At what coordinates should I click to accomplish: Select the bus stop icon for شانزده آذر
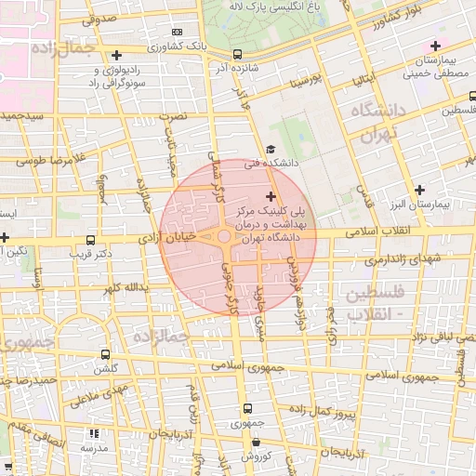pyautogui.click(x=238, y=54)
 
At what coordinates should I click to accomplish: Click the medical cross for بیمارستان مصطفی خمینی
pyautogui.click(x=435, y=46)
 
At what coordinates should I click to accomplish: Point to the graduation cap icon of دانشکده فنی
pyautogui.click(x=271, y=149)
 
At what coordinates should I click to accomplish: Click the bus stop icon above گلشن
pyautogui.click(x=105, y=354)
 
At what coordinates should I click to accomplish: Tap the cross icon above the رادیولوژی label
pyautogui.click(x=116, y=55)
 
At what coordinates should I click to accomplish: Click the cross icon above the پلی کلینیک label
pyautogui.click(x=271, y=196)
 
